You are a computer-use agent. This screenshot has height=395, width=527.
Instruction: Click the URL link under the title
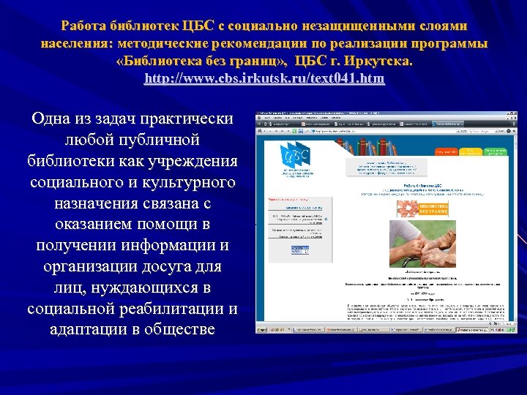(263, 79)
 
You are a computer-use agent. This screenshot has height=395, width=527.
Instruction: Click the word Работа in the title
(86, 26)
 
